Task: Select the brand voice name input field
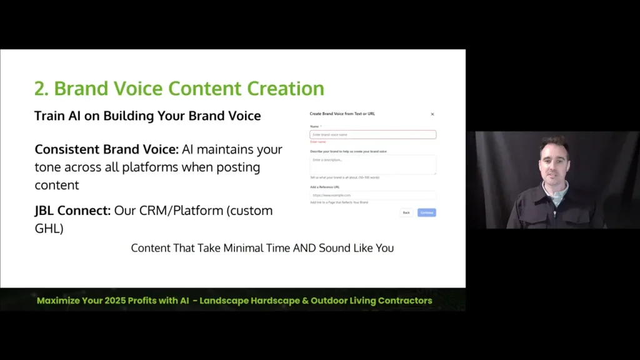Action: [372, 134]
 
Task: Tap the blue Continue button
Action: [427, 212]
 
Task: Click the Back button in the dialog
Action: [406, 212]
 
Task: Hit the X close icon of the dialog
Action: [432, 114]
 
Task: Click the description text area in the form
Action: [372, 164]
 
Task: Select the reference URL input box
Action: [372, 195]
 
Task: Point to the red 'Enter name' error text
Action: [318, 142]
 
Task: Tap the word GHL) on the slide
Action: [49, 229]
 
